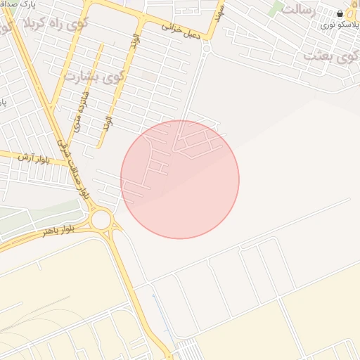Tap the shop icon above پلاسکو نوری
pos(340,13)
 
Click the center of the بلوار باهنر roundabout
pos(101,220)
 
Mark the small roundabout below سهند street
pos(206,49)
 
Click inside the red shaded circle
pos(180,180)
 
